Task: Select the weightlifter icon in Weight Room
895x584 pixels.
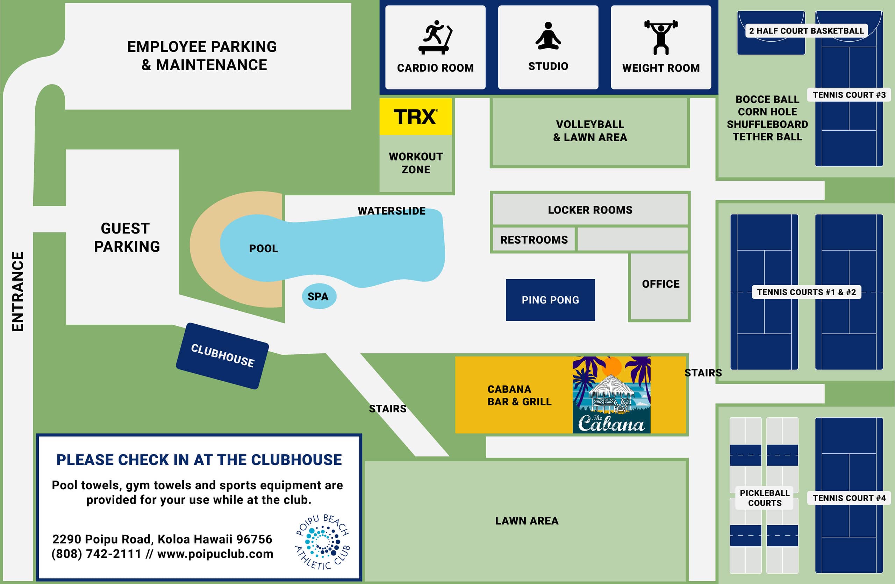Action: [x=661, y=37]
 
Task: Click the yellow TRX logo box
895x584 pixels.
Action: [x=416, y=116]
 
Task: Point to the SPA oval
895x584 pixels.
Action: [x=319, y=296]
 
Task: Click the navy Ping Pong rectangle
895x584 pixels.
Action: [x=550, y=300]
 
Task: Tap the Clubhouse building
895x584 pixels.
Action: [x=222, y=355]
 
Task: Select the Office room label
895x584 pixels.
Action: [x=661, y=284]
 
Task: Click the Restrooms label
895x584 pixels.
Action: [x=534, y=240]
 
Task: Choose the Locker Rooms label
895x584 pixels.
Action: [x=590, y=210]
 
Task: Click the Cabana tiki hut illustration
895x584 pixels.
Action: [x=611, y=395]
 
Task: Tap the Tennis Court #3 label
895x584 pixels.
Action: [x=849, y=95]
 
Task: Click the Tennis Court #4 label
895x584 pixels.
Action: [x=849, y=498]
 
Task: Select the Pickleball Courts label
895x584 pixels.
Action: [x=765, y=498]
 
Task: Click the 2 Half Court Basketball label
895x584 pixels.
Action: [x=806, y=31]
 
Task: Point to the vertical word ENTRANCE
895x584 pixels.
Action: [x=18, y=291]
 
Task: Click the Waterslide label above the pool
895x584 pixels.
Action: [x=392, y=211]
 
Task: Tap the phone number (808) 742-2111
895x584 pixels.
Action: [x=96, y=554]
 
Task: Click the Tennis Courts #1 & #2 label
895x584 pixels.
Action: [x=806, y=292]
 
